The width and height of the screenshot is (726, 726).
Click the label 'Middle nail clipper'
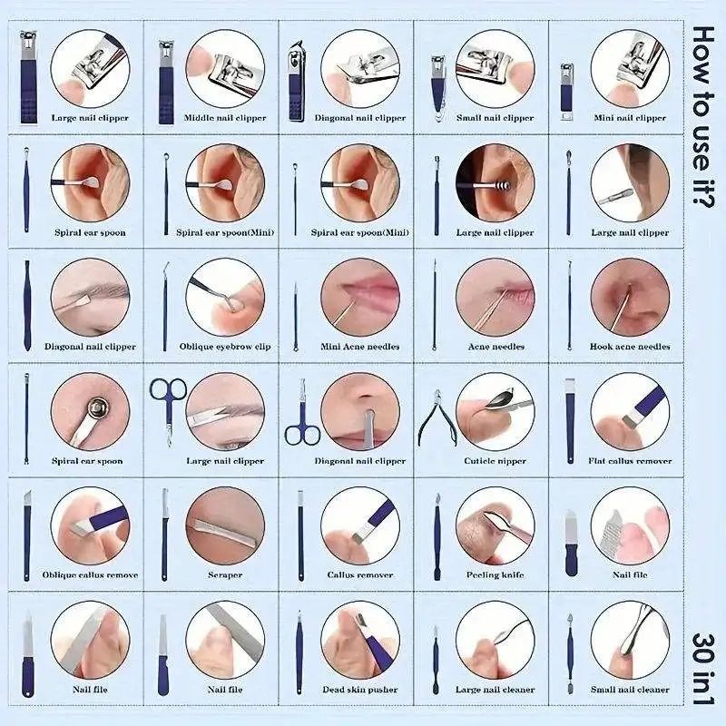coord(225,118)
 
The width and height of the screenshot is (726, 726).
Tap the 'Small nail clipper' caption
coord(495,118)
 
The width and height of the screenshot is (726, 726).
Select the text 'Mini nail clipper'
coord(630,118)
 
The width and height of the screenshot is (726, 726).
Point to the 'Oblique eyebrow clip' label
coord(225,347)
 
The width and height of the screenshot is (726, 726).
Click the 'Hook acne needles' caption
coord(630,347)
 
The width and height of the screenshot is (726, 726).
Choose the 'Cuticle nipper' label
coord(495,461)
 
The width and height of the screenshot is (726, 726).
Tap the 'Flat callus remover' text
coord(630,461)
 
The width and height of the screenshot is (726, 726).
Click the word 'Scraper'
coord(225,575)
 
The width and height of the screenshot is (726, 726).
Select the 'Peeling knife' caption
coord(495,575)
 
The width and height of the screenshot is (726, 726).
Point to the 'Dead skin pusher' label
coord(360,690)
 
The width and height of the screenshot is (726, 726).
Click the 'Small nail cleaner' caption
coord(630,690)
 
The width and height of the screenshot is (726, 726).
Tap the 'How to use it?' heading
coord(703,116)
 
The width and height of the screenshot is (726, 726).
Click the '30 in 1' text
coord(703,669)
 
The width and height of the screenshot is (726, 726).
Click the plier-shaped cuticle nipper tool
coord(437,419)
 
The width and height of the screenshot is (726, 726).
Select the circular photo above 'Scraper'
coord(225,525)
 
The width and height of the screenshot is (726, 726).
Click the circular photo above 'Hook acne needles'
coord(630,298)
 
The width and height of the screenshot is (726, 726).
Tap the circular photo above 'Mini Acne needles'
coord(360,298)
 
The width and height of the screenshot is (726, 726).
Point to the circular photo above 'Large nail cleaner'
coord(495,640)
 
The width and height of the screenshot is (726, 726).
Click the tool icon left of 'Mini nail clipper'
coord(566,93)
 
